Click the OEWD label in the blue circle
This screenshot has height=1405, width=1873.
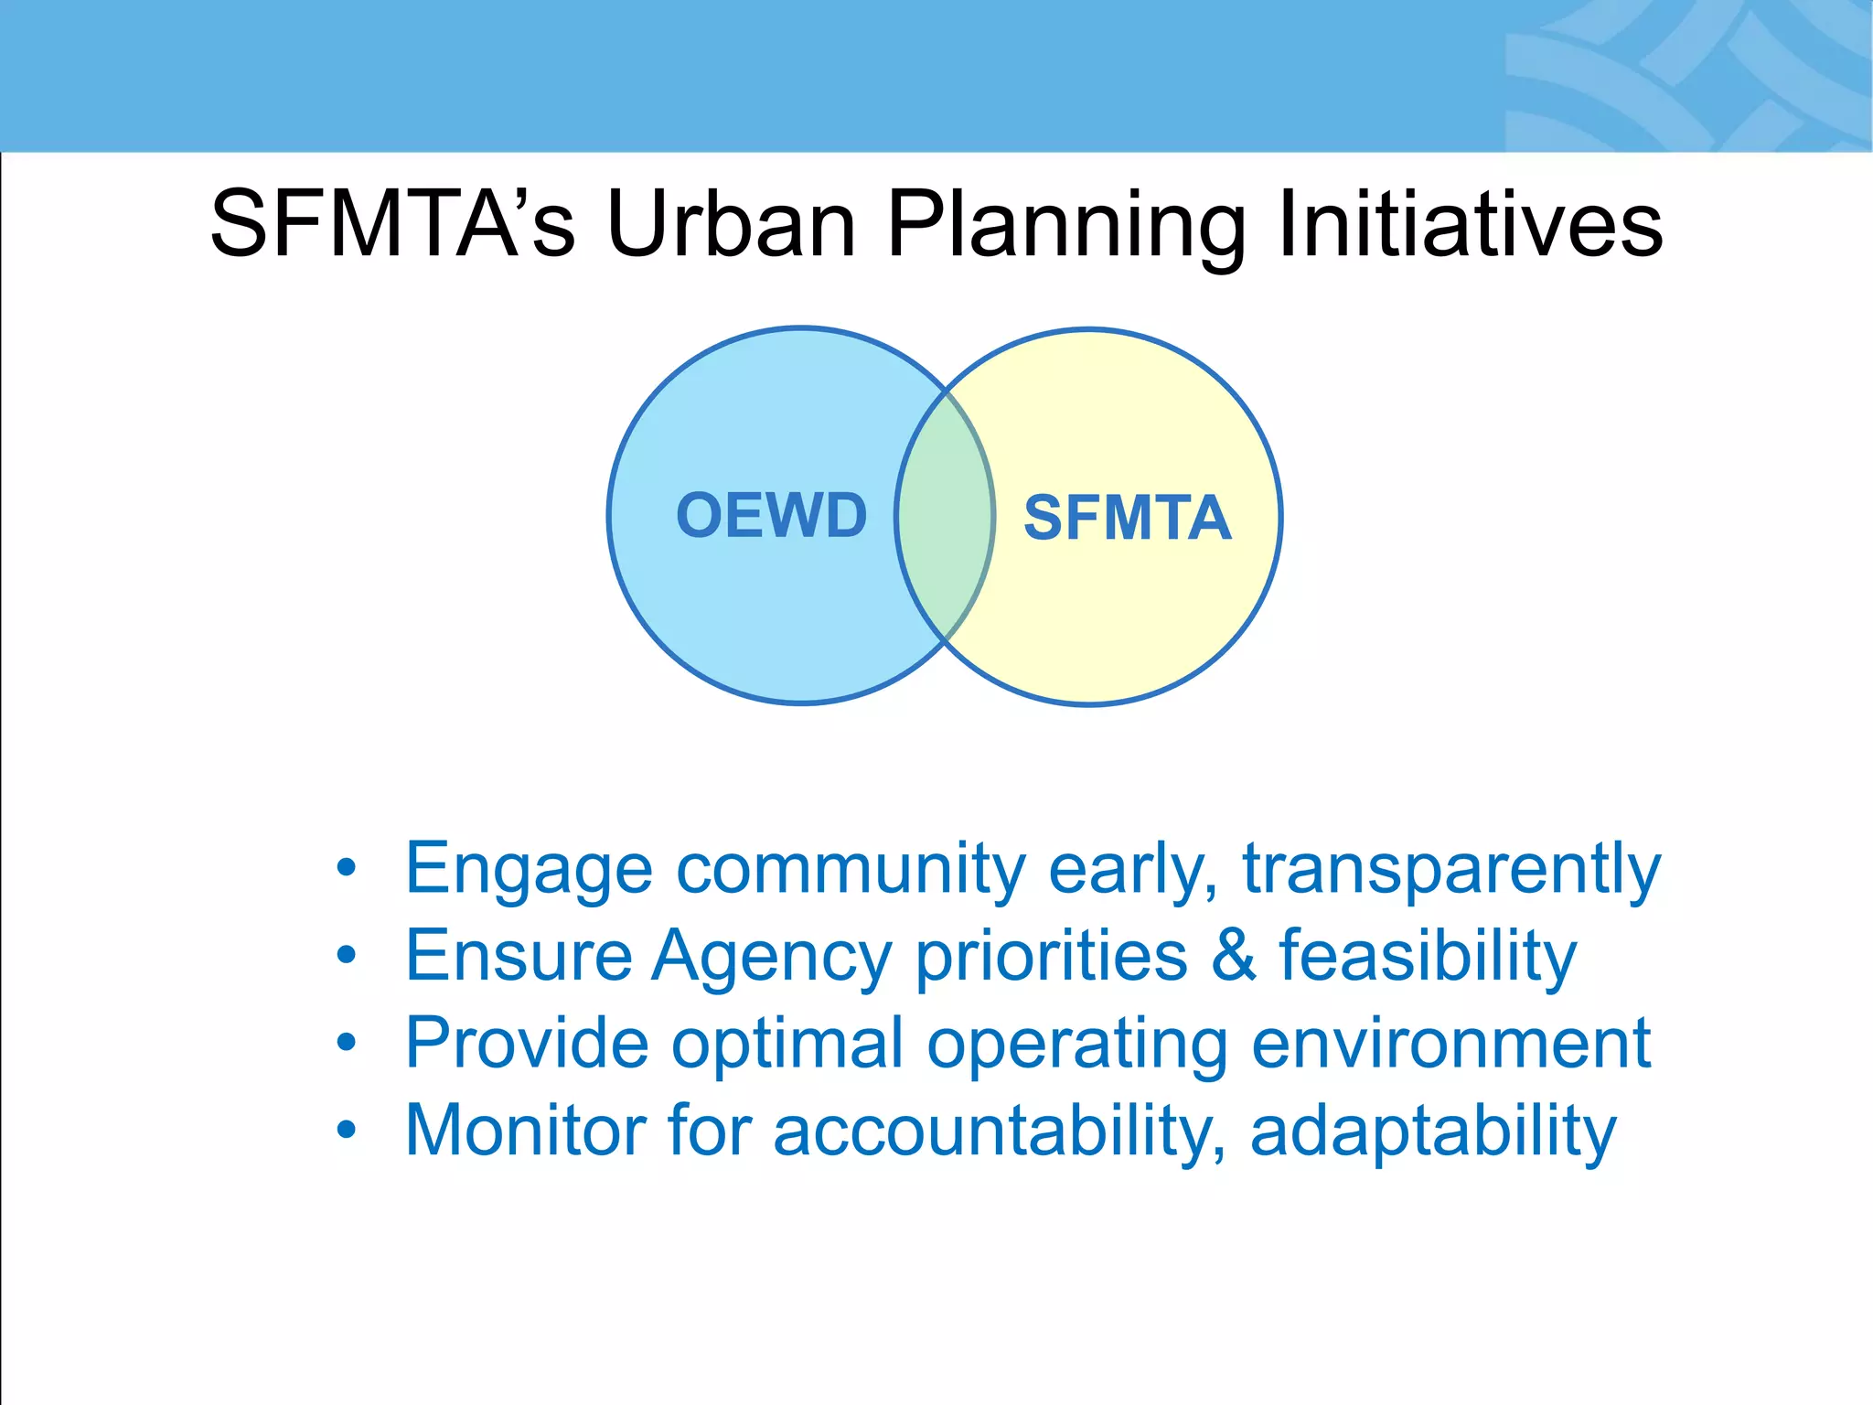(x=771, y=515)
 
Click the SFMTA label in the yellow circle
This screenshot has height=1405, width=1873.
(x=1127, y=519)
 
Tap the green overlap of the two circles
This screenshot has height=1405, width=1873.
(x=945, y=517)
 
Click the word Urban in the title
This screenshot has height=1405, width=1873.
(x=731, y=224)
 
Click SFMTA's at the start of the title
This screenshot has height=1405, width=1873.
(x=392, y=224)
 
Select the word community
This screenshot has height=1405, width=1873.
(x=851, y=869)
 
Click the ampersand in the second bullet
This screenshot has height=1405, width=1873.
(x=1233, y=955)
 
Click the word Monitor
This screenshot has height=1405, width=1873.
(x=525, y=1131)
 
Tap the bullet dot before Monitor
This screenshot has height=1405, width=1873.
(x=346, y=1131)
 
